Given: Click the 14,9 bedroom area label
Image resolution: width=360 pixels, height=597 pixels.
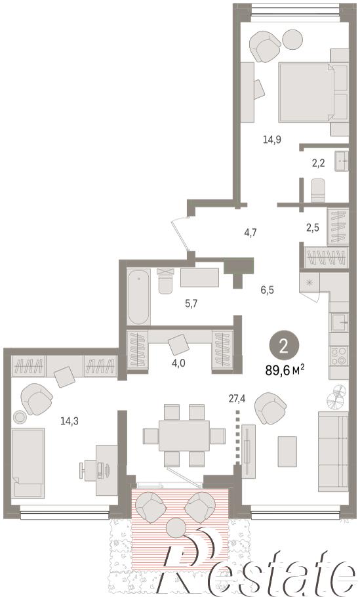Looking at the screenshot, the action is coord(271,139).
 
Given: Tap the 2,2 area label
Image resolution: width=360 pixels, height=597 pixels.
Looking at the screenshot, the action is coord(318,163).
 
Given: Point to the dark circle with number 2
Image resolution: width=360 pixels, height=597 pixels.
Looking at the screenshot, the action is coord(284,346).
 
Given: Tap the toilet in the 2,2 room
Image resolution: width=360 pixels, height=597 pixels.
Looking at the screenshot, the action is coord(318,191).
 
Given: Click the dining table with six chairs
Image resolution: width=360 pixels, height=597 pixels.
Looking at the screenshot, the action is coord(184,435).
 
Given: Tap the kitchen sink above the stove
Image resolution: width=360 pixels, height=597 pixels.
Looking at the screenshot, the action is coord(339,323).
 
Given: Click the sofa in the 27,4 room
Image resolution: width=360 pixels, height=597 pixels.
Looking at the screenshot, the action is coord(333,451).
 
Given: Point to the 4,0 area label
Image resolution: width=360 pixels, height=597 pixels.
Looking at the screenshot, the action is coord(178,363).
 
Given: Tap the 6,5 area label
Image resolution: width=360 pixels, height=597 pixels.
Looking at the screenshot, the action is coord(267,290).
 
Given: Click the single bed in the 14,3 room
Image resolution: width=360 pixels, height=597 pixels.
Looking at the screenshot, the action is coord(28,463).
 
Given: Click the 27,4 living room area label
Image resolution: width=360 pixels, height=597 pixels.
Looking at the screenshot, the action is coord(237,399).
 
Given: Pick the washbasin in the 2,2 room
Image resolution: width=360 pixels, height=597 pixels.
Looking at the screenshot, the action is coord(342,161).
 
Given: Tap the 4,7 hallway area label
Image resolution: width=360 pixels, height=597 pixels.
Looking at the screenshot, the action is coord(250,232).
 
